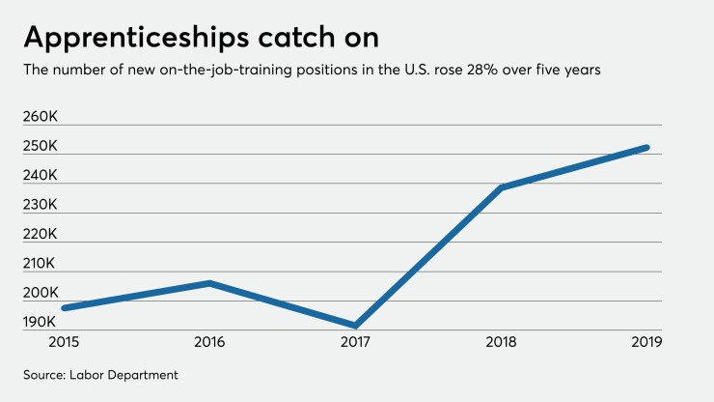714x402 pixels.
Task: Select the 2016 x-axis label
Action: [x=210, y=341]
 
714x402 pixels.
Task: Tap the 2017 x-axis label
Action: [x=356, y=341]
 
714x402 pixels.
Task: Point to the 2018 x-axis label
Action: [x=502, y=341]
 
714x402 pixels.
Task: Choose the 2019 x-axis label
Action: [x=645, y=341]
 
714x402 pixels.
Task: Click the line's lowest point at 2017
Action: [x=356, y=326]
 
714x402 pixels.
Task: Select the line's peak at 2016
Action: [x=210, y=283]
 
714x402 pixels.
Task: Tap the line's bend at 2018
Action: [x=502, y=187]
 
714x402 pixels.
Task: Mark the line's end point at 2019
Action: [x=646, y=148]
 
